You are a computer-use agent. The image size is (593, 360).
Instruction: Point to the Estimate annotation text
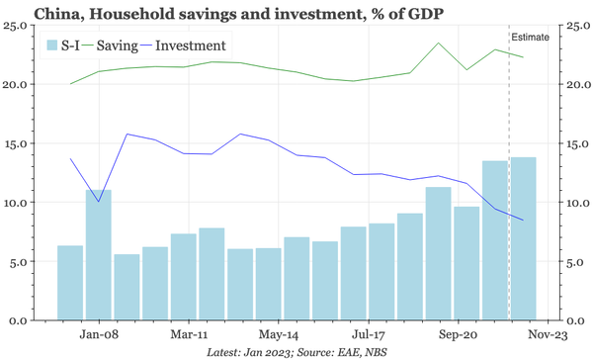click(x=530, y=38)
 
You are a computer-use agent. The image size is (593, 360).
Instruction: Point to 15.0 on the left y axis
click(x=17, y=143)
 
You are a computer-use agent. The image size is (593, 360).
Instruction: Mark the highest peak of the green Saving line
click(x=438, y=44)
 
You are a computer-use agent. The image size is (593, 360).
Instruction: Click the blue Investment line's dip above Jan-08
click(x=98, y=202)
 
